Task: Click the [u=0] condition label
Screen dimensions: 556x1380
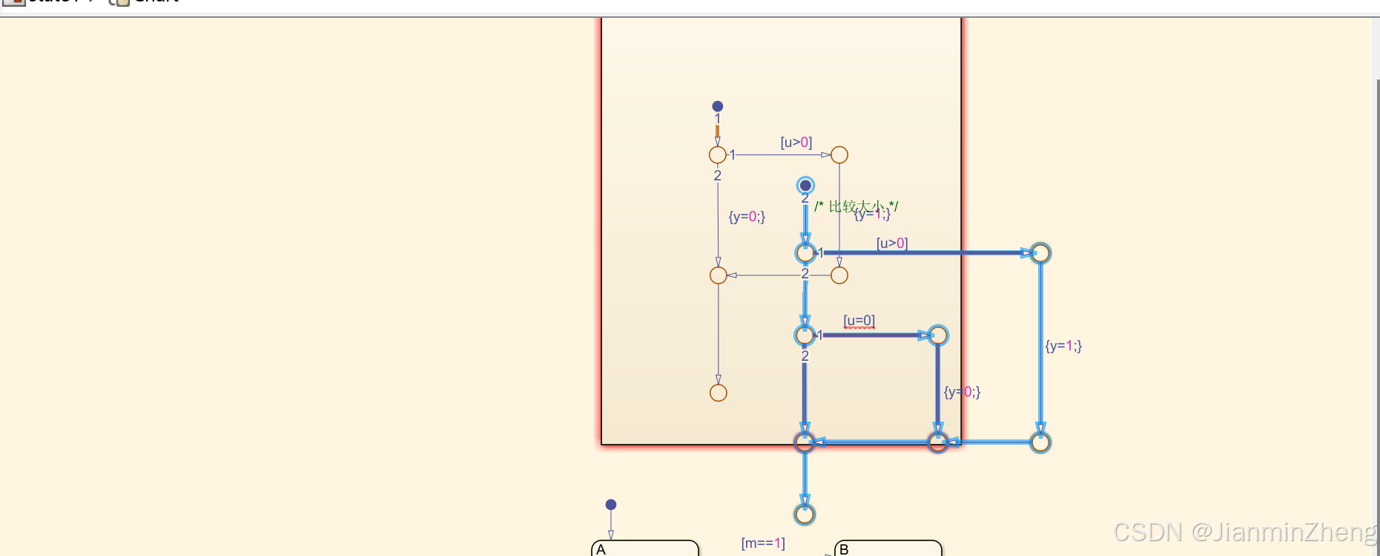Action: point(859,321)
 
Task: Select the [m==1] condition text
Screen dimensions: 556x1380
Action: point(763,543)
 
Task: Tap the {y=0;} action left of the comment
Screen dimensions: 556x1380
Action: point(747,216)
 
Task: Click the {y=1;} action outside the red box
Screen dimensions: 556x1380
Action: point(1063,345)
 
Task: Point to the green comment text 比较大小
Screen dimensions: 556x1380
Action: point(856,206)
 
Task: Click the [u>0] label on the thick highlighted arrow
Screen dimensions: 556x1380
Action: point(892,243)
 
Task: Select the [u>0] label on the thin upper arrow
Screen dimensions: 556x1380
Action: point(796,142)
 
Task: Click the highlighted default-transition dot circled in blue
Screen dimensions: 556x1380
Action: point(805,186)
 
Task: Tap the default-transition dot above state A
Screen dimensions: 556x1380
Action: point(611,505)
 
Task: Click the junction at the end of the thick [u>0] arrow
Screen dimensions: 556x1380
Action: point(1040,253)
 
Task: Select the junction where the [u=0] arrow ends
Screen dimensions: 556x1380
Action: point(938,335)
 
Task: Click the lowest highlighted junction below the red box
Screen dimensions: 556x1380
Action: point(805,514)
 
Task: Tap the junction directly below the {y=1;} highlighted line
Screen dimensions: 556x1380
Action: point(1040,442)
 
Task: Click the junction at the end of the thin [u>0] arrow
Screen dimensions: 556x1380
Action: point(839,154)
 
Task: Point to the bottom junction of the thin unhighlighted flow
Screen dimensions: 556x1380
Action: point(719,393)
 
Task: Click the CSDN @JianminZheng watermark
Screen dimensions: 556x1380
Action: point(1244,532)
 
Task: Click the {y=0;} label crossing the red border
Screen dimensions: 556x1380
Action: point(962,391)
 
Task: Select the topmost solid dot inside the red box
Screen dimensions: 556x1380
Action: point(718,106)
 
